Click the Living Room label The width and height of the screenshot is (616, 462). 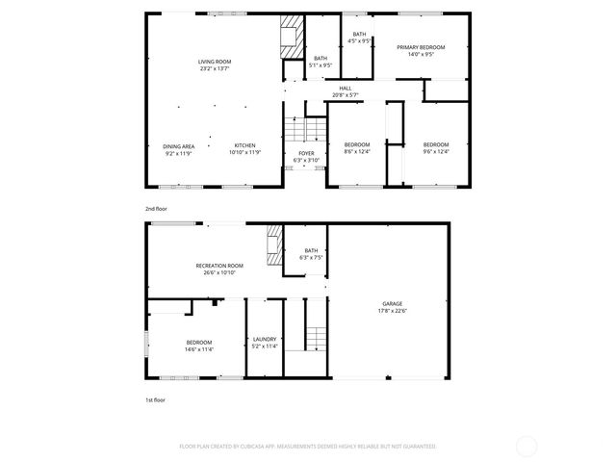pyautogui.click(x=216, y=64)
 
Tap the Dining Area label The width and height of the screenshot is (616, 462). pyautogui.click(x=179, y=148)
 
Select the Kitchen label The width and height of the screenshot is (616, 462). pyautogui.click(x=244, y=148)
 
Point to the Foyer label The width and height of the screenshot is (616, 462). pyautogui.click(x=306, y=156)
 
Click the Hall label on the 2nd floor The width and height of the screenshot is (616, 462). pyautogui.click(x=345, y=91)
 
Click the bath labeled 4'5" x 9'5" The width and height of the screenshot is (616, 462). pyautogui.click(x=358, y=38)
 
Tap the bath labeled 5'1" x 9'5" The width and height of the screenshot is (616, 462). pyautogui.click(x=321, y=63)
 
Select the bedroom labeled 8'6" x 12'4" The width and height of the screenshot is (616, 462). pyautogui.click(x=357, y=148)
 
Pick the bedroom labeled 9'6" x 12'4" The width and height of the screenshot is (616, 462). pyautogui.click(x=436, y=148)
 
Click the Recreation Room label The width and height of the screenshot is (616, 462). pyautogui.click(x=219, y=269)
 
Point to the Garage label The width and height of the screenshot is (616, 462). pyautogui.click(x=391, y=307)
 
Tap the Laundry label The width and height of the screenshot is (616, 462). pyautogui.click(x=265, y=342)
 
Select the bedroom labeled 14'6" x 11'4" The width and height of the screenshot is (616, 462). pyautogui.click(x=199, y=346)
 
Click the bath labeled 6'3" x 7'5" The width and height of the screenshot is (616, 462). pyautogui.click(x=311, y=254)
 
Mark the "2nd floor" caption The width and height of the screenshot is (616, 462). pyautogui.click(x=156, y=208)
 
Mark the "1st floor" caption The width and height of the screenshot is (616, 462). pyautogui.click(x=155, y=398)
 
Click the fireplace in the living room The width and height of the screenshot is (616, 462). pyautogui.click(x=288, y=37)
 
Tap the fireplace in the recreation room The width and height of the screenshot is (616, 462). pyautogui.click(x=274, y=245)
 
